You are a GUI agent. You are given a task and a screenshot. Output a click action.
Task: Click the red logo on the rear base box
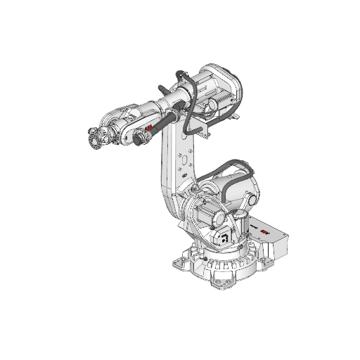point(265,231)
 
